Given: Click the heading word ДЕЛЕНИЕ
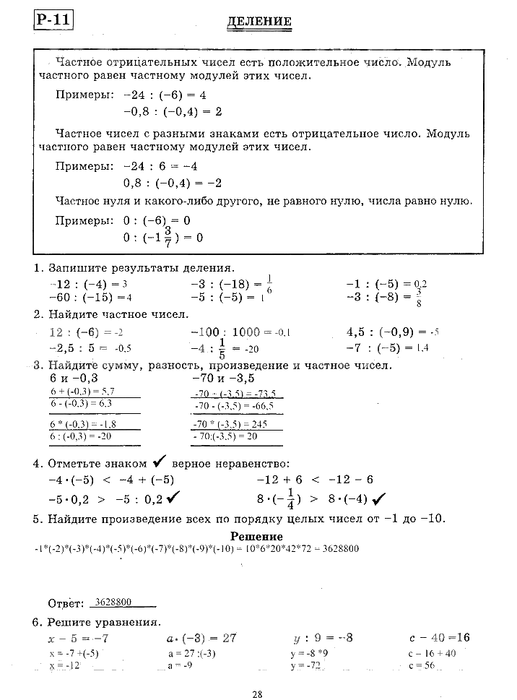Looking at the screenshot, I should pos(259,22).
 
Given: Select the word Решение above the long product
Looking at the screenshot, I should pos(256,536).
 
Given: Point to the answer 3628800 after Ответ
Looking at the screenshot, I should pos(113,601).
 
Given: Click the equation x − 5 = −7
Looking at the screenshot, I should pos(78,638).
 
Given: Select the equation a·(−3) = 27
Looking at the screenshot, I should pos(201,638).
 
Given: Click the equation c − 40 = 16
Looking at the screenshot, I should pos(439,638).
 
